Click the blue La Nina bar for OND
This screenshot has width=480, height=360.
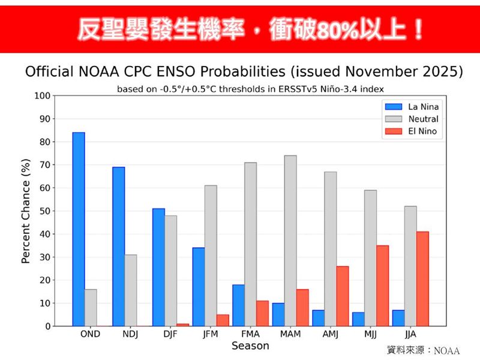point(79,229)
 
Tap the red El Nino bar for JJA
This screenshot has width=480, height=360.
point(422,279)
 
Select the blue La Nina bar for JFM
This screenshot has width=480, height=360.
point(199,287)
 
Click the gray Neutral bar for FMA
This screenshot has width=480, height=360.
point(250,244)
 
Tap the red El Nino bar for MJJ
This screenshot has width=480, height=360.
point(382,286)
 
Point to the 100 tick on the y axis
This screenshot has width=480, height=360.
point(43,95)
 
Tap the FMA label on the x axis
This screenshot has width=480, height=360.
point(250,334)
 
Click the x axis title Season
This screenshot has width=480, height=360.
point(250,346)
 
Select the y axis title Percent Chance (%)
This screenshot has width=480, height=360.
point(26,211)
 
